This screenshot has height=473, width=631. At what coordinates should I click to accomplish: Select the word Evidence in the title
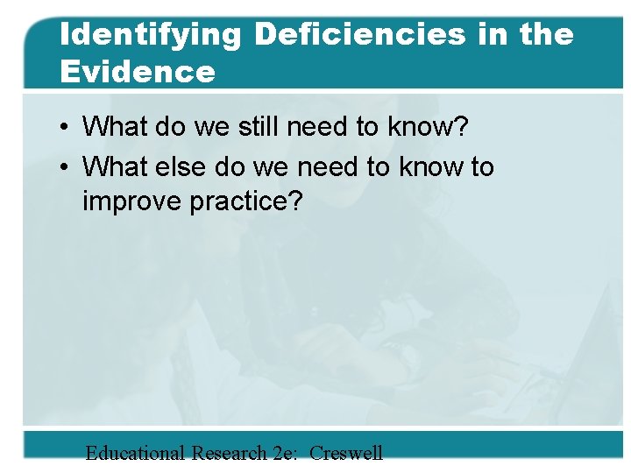(138, 71)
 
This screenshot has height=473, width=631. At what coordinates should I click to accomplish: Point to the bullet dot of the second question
(66, 166)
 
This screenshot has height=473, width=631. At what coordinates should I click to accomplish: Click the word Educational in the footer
(135, 453)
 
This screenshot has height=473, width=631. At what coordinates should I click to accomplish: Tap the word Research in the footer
(229, 453)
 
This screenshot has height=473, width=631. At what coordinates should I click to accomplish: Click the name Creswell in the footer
(346, 453)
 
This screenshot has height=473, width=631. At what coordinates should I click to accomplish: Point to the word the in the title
(545, 34)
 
